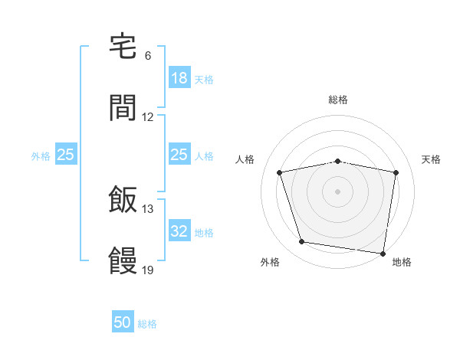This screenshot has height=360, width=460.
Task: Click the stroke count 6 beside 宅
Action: pos(148,56)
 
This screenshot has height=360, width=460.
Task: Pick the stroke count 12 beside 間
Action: pos(148,117)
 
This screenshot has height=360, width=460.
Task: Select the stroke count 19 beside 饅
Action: pos(148,270)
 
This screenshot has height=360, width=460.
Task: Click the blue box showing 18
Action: pos(179,78)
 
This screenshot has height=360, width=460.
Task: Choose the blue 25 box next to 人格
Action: pos(179,155)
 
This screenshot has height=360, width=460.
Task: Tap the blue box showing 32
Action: pos(179,231)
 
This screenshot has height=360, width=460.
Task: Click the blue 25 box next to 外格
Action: pos(66,155)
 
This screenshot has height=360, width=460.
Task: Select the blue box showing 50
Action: pos(123,322)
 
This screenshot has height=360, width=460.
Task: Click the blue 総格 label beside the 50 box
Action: pos(147,324)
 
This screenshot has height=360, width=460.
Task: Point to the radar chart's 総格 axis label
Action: pos(338,100)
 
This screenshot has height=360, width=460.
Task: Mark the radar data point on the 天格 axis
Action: pos(396,172)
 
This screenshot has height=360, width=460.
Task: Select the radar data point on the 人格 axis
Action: pos(280,172)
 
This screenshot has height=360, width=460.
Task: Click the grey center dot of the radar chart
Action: pos(338,191)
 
